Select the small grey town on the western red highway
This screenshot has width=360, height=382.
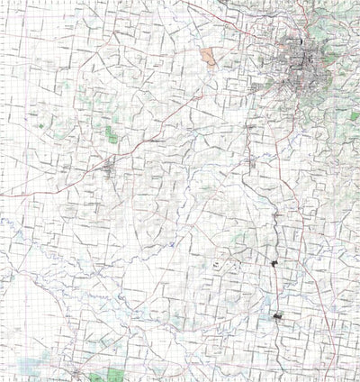click(109, 167)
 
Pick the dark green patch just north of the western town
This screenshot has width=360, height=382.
click(111, 135)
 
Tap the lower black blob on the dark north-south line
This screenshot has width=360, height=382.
click(277, 315)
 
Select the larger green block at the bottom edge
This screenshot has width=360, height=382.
click(116, 374)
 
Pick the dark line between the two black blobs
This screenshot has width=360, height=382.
click(274, 288)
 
